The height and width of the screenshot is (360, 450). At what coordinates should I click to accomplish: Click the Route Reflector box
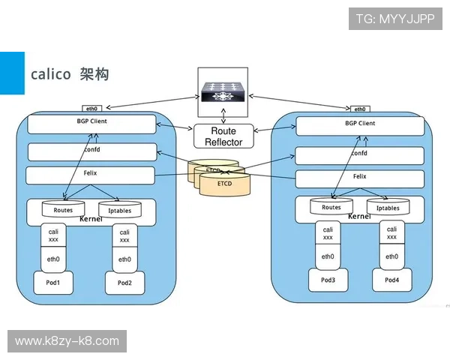click(223, 136)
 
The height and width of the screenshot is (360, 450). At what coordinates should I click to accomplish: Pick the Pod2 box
click(124, 283)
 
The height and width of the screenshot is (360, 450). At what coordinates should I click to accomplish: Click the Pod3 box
click(328, 280)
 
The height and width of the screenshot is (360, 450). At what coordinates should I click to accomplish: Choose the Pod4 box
click(391, 280)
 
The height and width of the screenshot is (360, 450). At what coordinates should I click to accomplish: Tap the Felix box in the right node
click(359, 178)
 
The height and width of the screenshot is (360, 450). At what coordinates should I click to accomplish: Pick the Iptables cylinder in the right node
click(388, 207)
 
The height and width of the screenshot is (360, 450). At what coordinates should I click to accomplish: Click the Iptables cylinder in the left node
click(120, 210)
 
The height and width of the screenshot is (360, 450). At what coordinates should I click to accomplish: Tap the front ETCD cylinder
click(224, 184)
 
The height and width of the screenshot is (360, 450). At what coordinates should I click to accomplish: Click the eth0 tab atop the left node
click(91, 109)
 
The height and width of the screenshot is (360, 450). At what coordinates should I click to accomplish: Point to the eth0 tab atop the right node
click(360, 109)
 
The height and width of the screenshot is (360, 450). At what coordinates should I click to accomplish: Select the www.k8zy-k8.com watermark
click(67, 341)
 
